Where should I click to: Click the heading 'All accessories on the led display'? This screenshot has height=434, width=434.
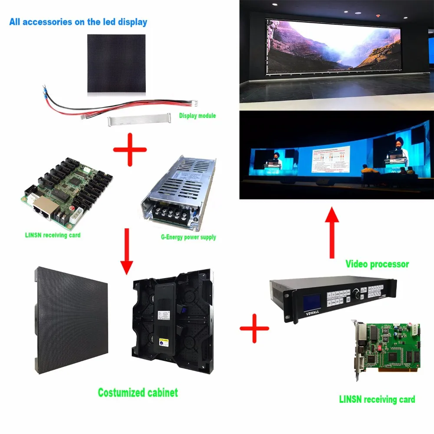click(78, 22)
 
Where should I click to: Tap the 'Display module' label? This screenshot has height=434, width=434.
click(197, 116)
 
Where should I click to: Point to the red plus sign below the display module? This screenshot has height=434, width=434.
click(130, 150)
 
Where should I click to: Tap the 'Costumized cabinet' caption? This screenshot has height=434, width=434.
click(138, 393)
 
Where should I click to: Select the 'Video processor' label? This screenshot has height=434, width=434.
click(377, 263)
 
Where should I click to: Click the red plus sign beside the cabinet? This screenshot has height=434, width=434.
click(254, 329)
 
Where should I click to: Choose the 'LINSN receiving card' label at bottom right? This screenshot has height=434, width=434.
click(377, 399)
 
